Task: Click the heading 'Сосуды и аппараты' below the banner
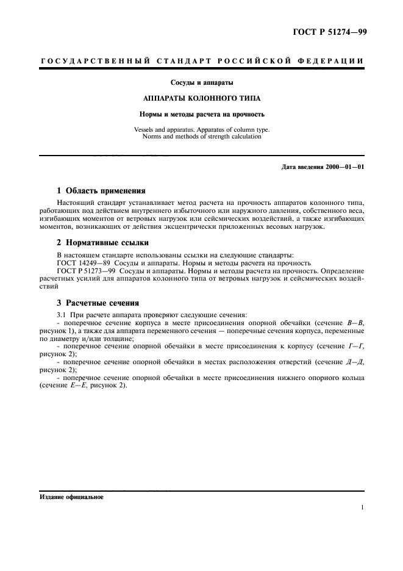[201, 82]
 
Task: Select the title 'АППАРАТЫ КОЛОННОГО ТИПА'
[201, 98]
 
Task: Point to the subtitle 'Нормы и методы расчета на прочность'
[201, 114]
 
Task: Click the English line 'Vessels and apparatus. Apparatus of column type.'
[201, 129]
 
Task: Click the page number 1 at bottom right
[362, 508]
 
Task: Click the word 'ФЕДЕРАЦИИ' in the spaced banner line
[333, 61]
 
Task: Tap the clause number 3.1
[61, 314]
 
